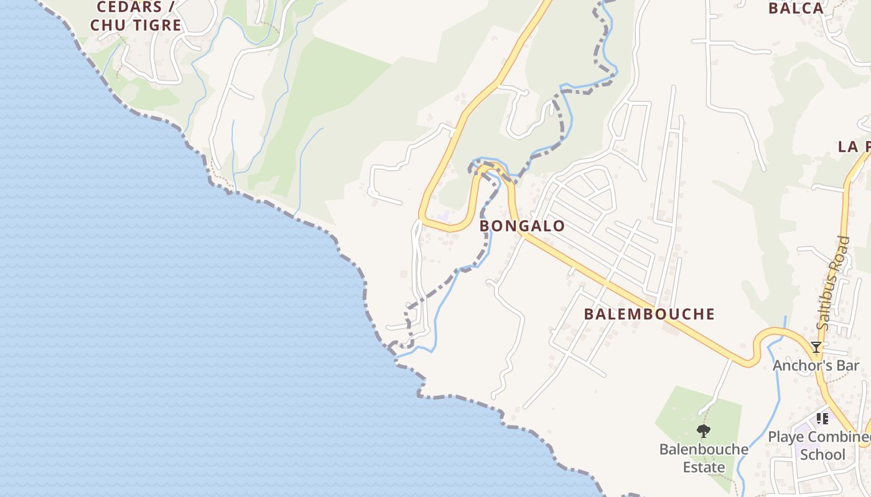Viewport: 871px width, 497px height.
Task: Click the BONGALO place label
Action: (522, 226)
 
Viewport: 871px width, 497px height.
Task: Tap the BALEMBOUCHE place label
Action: (649, 314)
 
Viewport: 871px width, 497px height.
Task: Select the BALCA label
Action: (796, 8)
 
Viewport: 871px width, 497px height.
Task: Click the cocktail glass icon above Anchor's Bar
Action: (816, 347)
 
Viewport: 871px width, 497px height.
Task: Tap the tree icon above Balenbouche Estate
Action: (704, 431)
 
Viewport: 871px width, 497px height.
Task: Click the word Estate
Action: (704, 467)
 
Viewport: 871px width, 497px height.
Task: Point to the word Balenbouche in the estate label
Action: (704, 449)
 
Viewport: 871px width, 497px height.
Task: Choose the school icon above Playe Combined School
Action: (822, 419)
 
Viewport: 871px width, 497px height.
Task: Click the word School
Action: (822, 455)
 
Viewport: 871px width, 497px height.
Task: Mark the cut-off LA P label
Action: (854, 147)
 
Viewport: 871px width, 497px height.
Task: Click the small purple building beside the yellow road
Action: (444, 215)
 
